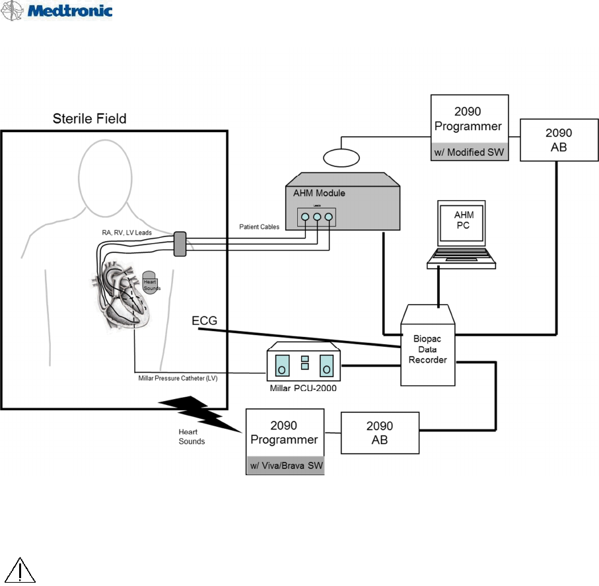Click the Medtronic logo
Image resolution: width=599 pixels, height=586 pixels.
tap(57, 11)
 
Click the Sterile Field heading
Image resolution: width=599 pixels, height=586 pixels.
tap(89, 119)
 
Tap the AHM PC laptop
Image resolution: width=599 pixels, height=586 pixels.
tap(462, 235)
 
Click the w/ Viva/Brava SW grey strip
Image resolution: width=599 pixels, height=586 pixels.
tap(285, 465)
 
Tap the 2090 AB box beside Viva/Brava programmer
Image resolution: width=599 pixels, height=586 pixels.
tap(380, 433)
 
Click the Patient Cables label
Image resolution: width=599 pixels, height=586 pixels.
tap(259, 227)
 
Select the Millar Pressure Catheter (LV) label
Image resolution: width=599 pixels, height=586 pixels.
tap(175, 379)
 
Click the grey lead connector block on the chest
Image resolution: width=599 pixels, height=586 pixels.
tap(179, 244)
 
